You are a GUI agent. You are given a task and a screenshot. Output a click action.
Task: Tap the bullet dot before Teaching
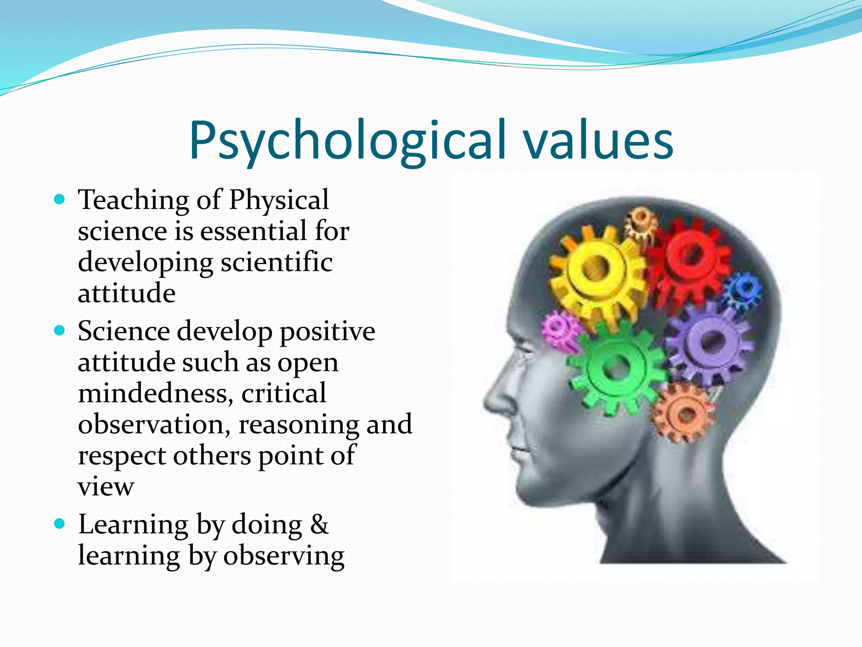click(60, 199)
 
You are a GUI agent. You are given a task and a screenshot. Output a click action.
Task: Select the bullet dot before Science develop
click(60, 330)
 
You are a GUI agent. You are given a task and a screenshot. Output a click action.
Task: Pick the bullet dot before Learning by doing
click(60, 524)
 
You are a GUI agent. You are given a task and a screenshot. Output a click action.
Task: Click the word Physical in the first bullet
click(279, 200)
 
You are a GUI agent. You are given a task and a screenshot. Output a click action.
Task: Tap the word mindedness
click(155, 393)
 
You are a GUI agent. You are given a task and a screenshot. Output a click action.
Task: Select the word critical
click(284, 393)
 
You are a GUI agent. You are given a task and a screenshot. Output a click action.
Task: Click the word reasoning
click(299, 424)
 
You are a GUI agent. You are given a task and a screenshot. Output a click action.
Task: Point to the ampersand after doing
click(319, 525)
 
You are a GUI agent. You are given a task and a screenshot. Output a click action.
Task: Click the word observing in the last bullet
click(284, 556)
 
